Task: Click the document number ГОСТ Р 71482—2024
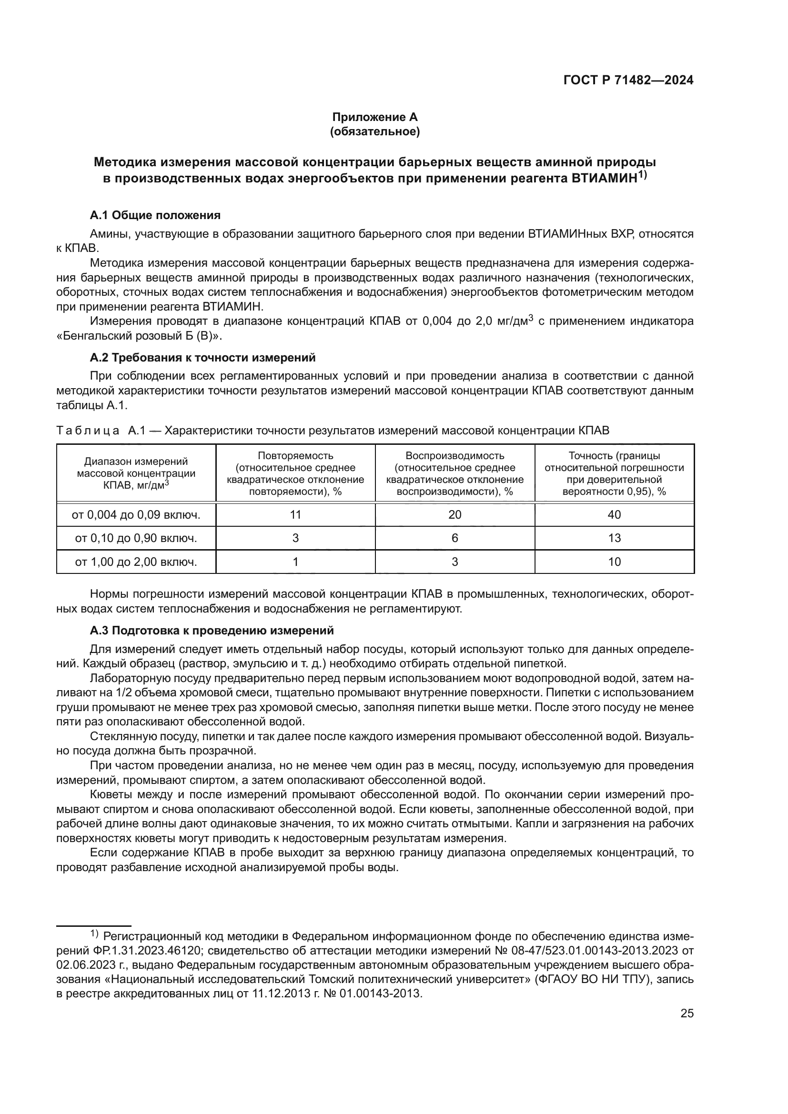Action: [628, 80]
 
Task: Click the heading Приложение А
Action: [374, 117]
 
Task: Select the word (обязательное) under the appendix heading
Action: [374, 131]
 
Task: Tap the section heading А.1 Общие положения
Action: [155, 215]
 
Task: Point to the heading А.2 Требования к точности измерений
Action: [203, 358]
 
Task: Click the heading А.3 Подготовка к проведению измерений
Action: [212, 631]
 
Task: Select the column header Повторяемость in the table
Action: [295, 456]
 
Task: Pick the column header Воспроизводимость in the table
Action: [455, 456]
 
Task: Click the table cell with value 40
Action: [614, 515]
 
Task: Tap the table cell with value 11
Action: [295, 515]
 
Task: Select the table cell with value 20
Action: [455, 515]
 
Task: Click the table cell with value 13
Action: [614, 538]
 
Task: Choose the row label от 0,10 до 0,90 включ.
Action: [136, 538]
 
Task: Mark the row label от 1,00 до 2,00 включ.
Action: [136, 562]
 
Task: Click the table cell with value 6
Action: [455, 538]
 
